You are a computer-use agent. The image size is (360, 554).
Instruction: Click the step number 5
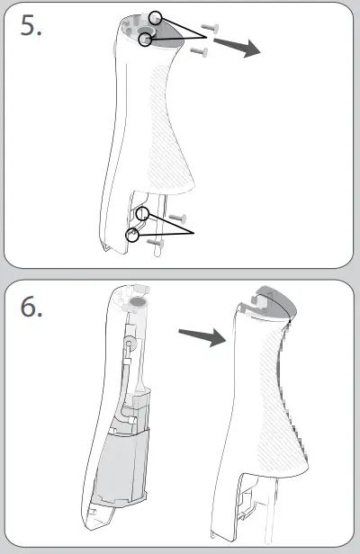coord(31,27)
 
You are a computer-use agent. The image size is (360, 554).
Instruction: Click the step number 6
coord(31,308)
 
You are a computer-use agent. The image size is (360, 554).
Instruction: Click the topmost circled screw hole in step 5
coord(157,17)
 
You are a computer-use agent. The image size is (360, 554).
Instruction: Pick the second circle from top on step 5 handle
coord(148,38)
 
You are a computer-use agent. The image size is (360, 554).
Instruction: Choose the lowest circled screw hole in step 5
coord(132,234)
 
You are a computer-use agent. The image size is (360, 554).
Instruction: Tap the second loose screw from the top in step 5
coord(199,51)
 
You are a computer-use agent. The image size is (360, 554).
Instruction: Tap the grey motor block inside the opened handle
coord(120,469)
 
